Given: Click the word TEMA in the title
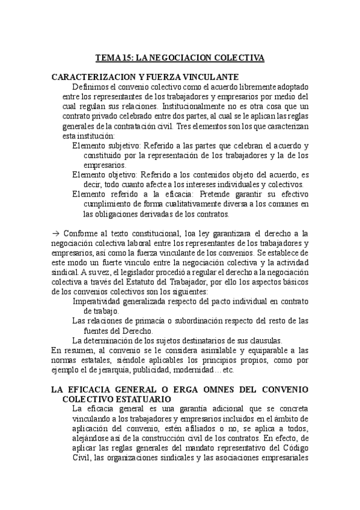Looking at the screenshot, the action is (x=108, y=58).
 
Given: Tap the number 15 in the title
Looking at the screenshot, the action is (x=127, y=58).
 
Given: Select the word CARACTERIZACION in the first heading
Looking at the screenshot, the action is (x=91, y=77).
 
